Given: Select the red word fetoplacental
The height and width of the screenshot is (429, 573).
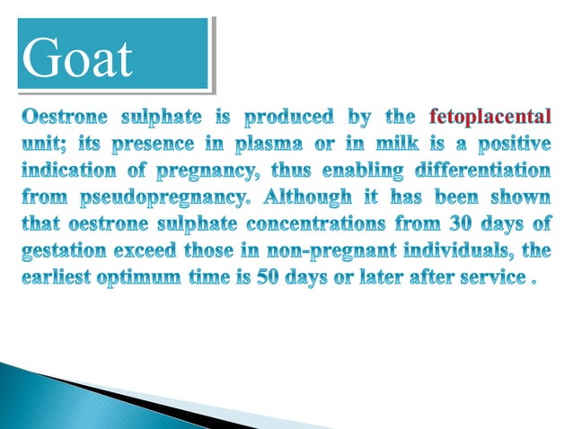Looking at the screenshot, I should (491, 118).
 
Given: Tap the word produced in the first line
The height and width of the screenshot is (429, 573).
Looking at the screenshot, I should (288, 118).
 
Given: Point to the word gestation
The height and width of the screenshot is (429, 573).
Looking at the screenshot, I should (64, 247).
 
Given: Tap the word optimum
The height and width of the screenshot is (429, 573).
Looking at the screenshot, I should (148, 273).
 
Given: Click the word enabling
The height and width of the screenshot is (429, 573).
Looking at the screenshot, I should (359, 170).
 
